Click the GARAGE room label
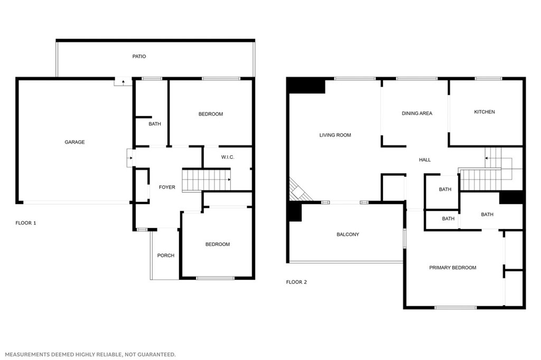click(x=74, y=142)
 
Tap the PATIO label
click(x=139, y=56)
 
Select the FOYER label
click(x=167, y=187)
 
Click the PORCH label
click(x=165, y=255)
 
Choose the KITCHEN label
click(x=484, y=112)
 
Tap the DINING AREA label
click(x=417, y=113)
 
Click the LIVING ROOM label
click(x=335, y=135)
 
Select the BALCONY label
click(x=348, y=234)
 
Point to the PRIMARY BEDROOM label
click(x=452, y=268)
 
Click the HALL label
click(x=425, y=160)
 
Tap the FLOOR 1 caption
click(x=26, y=223)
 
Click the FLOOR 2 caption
click(x=296, y=282)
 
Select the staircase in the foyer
click(x=206, y=179)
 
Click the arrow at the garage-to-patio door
click(x=123, y=82)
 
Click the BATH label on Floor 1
click(x=155, y=124)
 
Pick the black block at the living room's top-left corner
click(x=306, y=86)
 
